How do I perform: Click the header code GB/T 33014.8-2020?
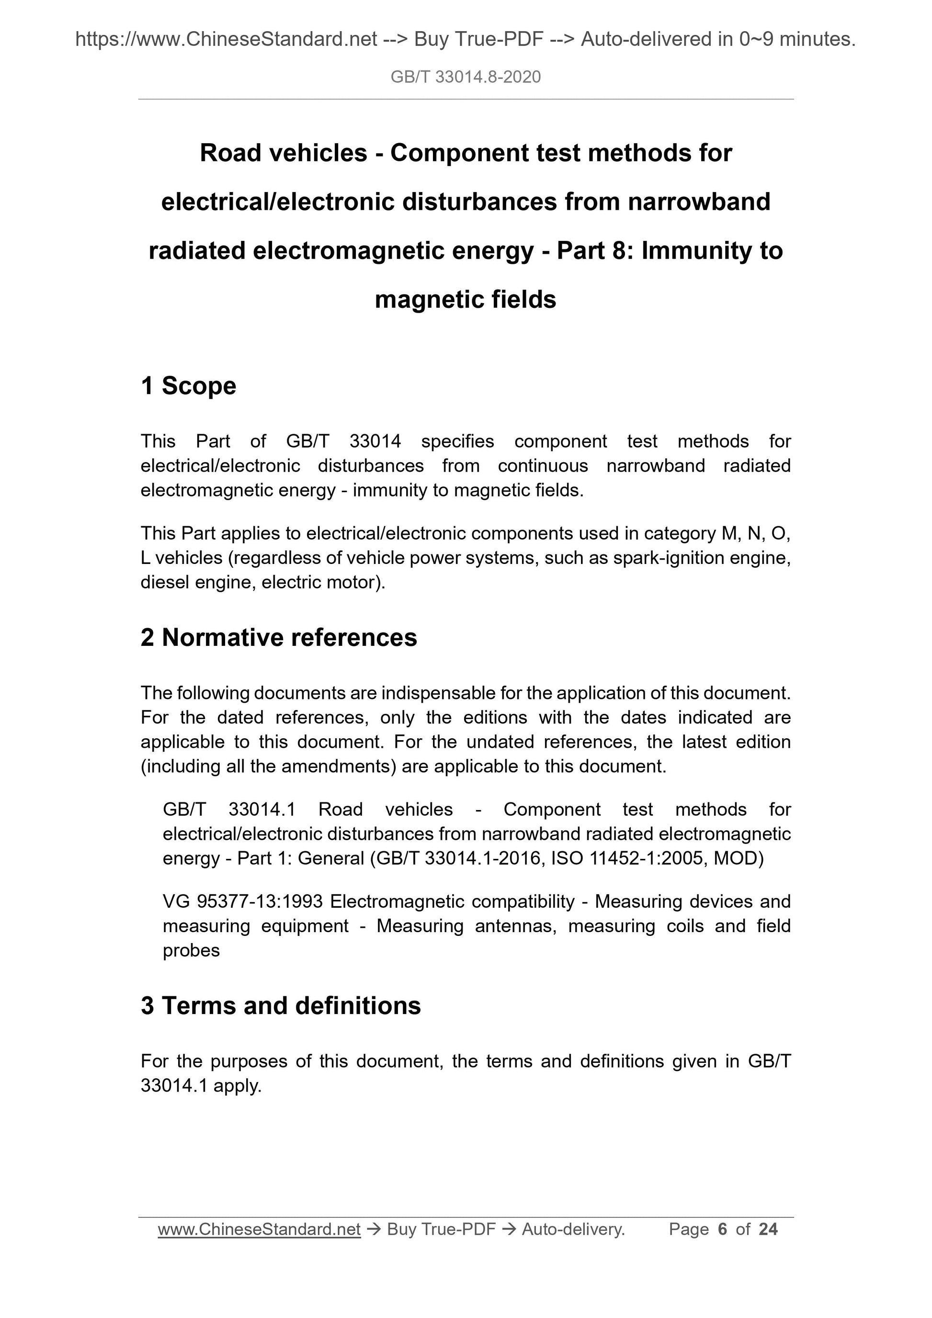[465, 77]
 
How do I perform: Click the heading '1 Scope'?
[188, 386]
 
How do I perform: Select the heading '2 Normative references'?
[279, 638]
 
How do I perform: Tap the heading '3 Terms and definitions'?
[281, 1006]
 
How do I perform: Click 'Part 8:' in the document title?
[595, 251]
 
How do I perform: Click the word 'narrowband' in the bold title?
[699, 202]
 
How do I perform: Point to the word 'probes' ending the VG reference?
[191, 951]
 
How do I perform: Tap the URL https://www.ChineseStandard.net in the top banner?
[226, 39]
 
